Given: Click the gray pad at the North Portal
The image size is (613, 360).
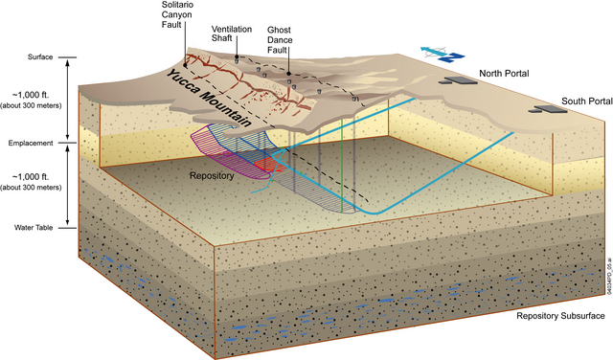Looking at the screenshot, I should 459,83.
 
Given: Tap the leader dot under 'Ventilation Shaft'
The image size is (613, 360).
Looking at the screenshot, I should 237,57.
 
